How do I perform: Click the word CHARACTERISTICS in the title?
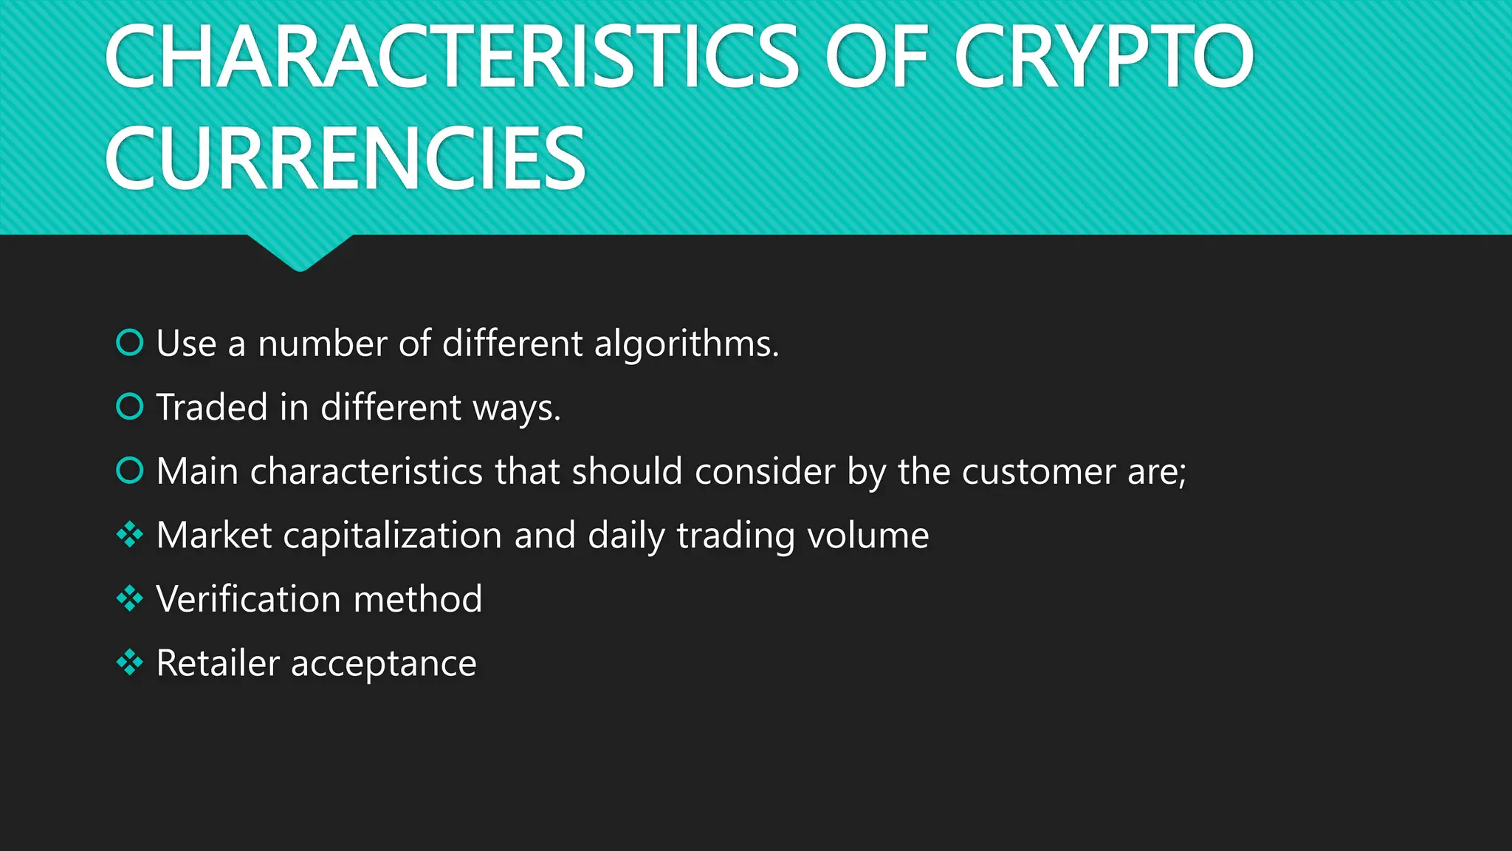coord(451,57)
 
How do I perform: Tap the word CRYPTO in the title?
coord(1104,57)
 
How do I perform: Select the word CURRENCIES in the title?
coord(346,158)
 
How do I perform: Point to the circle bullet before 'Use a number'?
coord(130,343)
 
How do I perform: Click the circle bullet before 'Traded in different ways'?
coord(130,406)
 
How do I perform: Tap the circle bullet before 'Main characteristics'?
coord(130,471)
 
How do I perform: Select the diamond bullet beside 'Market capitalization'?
coord(130,535)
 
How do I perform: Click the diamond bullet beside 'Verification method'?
coord(130,598)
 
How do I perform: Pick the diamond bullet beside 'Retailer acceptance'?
coord(130,663)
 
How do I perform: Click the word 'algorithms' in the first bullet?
coord(686,344)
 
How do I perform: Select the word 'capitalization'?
coord(392,536)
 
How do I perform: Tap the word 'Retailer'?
coord(218,663)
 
